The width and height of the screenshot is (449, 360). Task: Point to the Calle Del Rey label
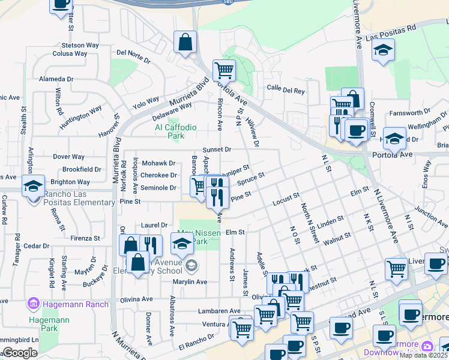[286, 90]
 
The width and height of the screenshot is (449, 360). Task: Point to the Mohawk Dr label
[158, 163]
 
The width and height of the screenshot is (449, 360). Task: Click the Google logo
[20, 353]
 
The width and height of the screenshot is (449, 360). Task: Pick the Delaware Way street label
[171, 110]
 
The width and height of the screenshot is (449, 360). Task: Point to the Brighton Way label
[70, 182]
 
